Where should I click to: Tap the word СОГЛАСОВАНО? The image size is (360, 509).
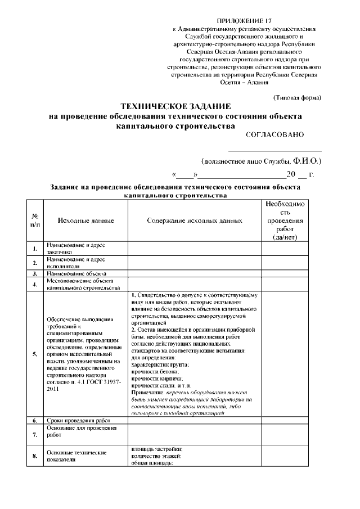coord(274,134)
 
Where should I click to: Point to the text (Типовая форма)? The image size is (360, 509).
coord(297,97)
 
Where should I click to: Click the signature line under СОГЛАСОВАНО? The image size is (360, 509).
coord(275,151)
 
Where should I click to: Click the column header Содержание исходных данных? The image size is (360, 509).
coord(195,221)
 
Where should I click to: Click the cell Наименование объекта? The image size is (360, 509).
coord(76,273)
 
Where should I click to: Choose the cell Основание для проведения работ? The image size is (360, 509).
coord(82,431)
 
